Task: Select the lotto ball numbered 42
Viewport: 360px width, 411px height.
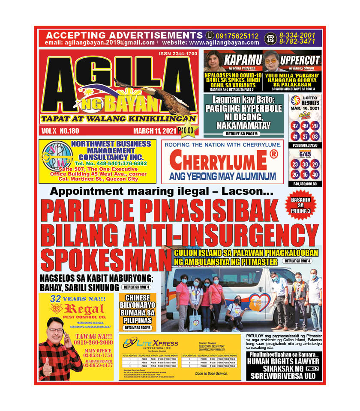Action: (x=295, y=126)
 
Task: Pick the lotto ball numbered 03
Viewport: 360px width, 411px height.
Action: (x=315, y=137)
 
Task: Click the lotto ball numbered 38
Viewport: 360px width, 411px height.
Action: (x=305, y=165)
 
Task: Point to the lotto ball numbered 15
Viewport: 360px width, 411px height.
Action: (x=305, y=175)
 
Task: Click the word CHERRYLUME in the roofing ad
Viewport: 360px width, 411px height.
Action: (x=222, y=160)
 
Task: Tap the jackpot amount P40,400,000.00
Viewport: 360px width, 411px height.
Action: (x=305, y=184)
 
